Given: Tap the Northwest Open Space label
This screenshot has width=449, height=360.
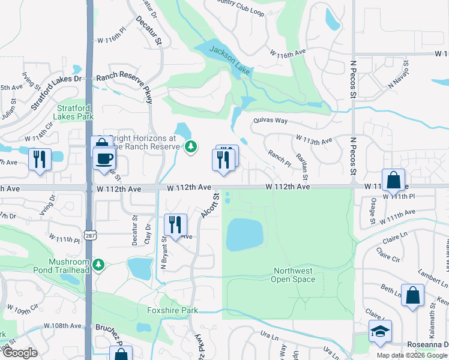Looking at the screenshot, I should tap(293, 275).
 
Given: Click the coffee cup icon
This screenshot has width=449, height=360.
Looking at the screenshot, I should tap(104, 159).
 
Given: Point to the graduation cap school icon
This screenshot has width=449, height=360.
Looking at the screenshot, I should tap(380, 332).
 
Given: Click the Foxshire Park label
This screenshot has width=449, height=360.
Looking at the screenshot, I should tap(172, 310).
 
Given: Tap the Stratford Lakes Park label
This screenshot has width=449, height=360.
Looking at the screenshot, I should tap(75, 112).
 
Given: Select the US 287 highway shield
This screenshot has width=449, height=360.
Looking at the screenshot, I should tap(88, 231).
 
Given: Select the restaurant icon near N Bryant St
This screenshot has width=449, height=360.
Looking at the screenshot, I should tap(175, 224).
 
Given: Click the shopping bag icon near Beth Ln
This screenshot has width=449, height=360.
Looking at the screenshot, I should tap(412, 295).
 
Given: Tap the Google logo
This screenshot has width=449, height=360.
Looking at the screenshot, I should tap(19, 353).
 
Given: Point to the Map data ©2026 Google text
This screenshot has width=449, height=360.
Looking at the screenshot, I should tap(412, 355).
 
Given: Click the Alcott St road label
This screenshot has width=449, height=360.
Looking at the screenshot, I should tap(210, 205).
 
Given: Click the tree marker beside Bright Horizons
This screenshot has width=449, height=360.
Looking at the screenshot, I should tap(191, 146).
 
